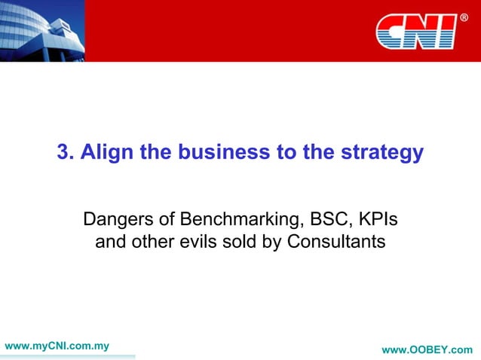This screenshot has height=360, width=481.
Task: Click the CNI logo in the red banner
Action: [x=415, y=32]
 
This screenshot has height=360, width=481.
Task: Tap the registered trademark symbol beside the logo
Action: [x=464, y=17]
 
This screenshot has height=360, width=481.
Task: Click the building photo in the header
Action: [x=41, y=30]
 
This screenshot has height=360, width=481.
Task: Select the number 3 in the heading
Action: [x=63, y=153]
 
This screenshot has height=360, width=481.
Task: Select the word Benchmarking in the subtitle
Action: [x=237, y=221]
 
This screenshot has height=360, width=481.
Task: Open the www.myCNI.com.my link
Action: [x=57, y=346]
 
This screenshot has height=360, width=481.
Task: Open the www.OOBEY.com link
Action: [x=427, y=350]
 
